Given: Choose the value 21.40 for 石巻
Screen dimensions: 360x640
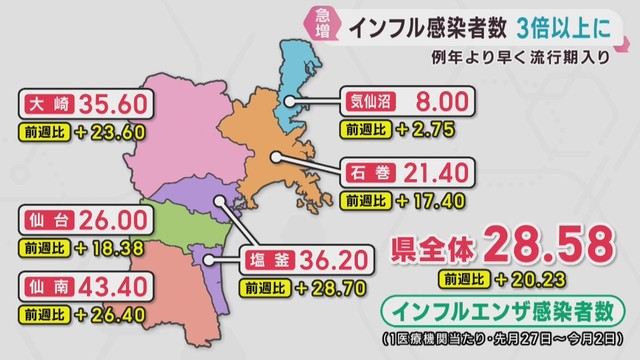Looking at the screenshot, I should click(431, 174).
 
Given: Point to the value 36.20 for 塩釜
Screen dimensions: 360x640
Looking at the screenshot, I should click(332, 263).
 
